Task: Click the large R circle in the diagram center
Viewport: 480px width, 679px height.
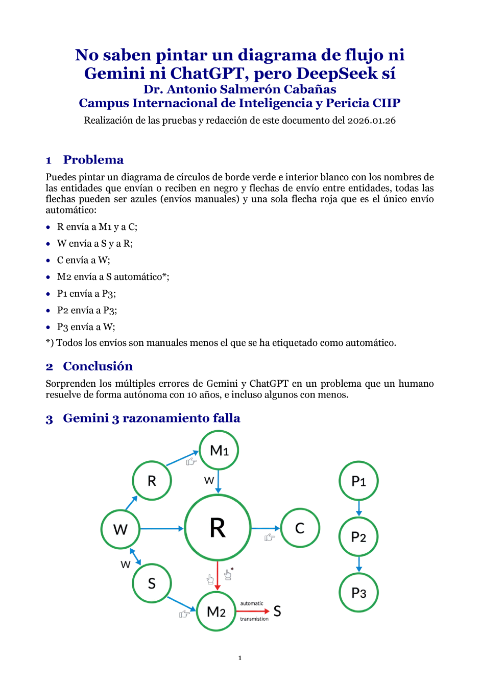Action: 218,528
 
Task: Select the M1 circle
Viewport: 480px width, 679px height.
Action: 219,450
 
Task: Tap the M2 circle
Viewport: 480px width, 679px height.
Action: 216,612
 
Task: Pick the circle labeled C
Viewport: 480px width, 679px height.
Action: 300,528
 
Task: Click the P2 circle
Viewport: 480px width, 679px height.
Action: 358,537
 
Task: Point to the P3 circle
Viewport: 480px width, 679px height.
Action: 358,593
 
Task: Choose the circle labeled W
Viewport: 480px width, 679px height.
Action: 121,529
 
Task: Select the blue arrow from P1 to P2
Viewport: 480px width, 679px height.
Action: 359,508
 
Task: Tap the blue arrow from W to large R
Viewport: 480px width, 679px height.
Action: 161,529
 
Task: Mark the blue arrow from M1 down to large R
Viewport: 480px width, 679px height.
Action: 219,481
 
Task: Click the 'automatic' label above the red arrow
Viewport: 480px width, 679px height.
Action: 252,603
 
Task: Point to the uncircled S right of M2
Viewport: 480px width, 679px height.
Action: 277,611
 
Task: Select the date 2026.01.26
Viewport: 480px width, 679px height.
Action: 371,121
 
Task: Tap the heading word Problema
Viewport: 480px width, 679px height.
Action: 93,160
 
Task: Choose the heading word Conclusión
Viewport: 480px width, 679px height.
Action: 98,366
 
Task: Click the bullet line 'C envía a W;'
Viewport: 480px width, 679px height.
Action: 83,260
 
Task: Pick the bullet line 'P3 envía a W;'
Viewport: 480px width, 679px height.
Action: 86,327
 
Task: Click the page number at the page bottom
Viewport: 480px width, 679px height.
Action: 240,658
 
